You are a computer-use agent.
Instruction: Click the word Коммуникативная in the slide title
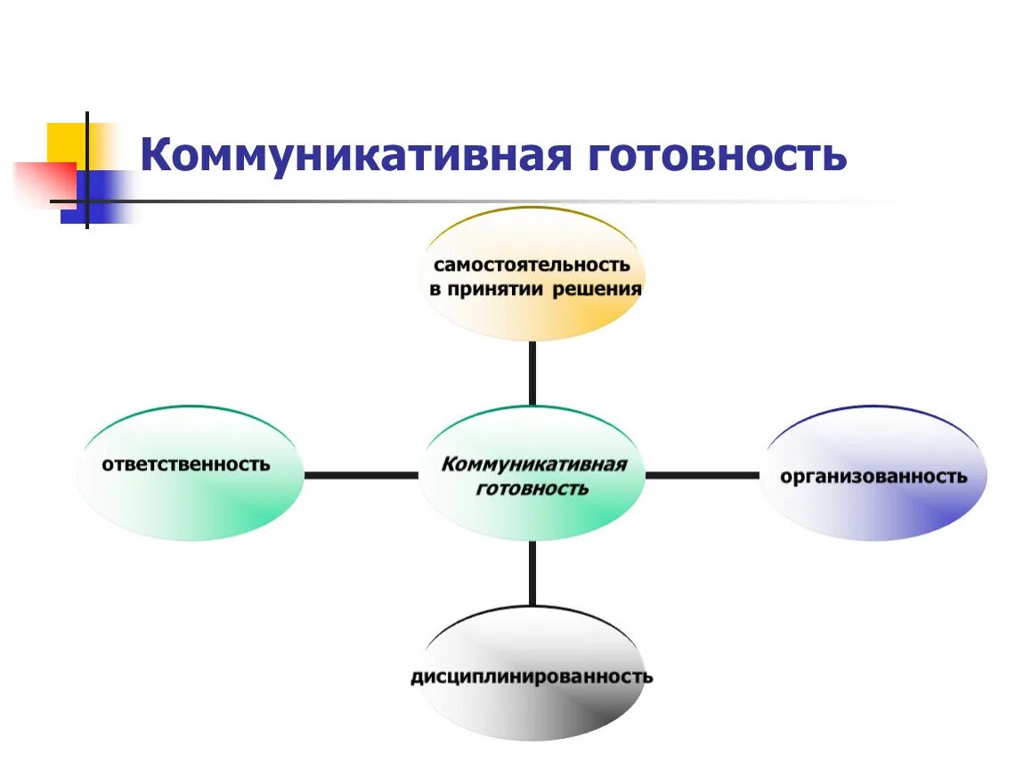(354, 155)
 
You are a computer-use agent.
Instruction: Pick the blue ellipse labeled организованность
(874, 512)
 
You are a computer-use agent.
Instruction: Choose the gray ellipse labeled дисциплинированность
(532, 713)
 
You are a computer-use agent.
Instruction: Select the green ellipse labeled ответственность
(190, 508)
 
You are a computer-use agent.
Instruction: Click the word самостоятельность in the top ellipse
(532, 265)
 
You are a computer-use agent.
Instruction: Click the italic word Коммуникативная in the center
(533, 464)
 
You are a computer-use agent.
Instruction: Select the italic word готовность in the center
(532, 488)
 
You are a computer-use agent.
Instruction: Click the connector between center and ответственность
(361, 475)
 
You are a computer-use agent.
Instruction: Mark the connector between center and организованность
(702, 475)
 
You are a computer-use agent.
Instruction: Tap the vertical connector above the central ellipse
(532, 373)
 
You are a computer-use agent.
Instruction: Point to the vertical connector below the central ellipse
(532, 573)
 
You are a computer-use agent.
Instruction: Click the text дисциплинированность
(532, 676)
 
